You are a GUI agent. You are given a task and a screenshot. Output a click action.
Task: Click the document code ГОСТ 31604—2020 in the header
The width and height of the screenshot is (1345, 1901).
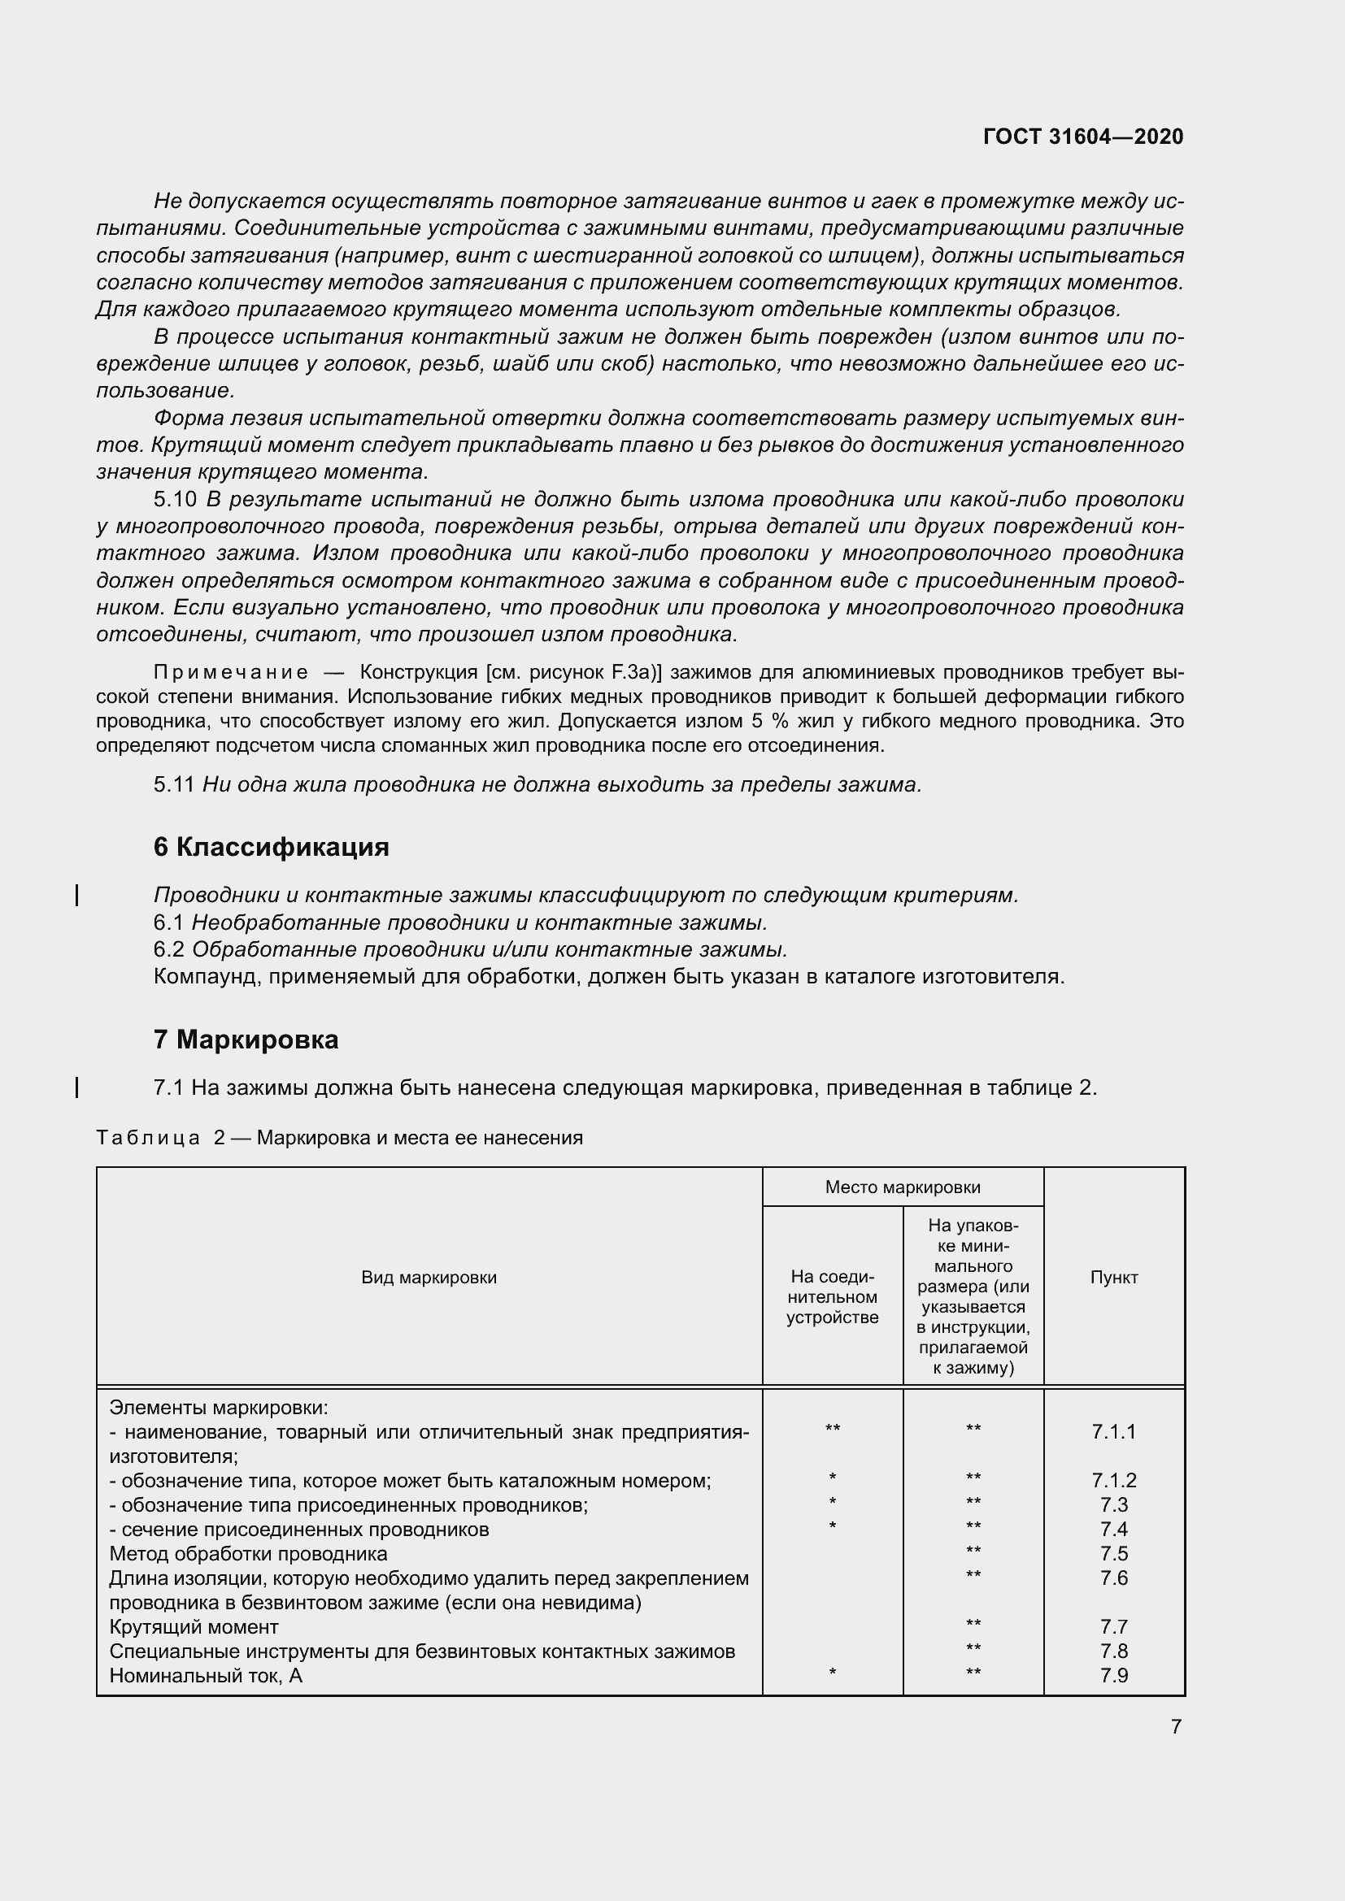(1082, 137)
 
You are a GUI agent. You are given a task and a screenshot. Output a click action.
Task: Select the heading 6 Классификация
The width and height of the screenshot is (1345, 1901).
(271, 847)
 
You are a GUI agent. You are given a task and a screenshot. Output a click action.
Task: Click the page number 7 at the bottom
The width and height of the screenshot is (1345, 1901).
(1176, 1726)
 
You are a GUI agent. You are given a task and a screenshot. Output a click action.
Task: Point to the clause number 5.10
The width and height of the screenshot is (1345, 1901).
(175, 499)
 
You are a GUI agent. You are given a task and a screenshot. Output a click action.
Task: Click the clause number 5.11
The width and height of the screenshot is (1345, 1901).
(175, 784)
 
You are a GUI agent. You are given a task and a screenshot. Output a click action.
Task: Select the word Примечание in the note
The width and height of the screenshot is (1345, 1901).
(231, 671)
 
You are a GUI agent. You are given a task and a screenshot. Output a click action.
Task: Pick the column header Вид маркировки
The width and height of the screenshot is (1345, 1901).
(429, 1278)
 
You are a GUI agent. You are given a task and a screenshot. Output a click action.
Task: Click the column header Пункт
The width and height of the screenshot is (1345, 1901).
(1114, 1278)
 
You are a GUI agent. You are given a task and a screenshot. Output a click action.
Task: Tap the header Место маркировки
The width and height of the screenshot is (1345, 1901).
(903, 1187)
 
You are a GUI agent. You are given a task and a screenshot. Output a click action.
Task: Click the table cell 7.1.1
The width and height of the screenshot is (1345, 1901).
(1114, 1431)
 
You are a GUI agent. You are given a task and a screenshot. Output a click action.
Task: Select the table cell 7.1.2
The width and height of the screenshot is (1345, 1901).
(1114, 1480)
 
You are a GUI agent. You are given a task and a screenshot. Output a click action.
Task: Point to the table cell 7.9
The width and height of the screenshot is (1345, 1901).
(1114, 1675)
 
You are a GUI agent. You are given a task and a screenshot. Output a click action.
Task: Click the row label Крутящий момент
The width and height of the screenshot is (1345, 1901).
(194, 1627)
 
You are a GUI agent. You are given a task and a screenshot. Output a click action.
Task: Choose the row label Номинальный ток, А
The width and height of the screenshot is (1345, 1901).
(207, 1676)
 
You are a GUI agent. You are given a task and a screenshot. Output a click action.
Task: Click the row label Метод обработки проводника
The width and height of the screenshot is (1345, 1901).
(249, 1554)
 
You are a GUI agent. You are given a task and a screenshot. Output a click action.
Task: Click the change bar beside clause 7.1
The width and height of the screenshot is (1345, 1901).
(77, 1087)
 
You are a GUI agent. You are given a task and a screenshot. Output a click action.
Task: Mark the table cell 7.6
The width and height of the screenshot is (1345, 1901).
(1114, 1578)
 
